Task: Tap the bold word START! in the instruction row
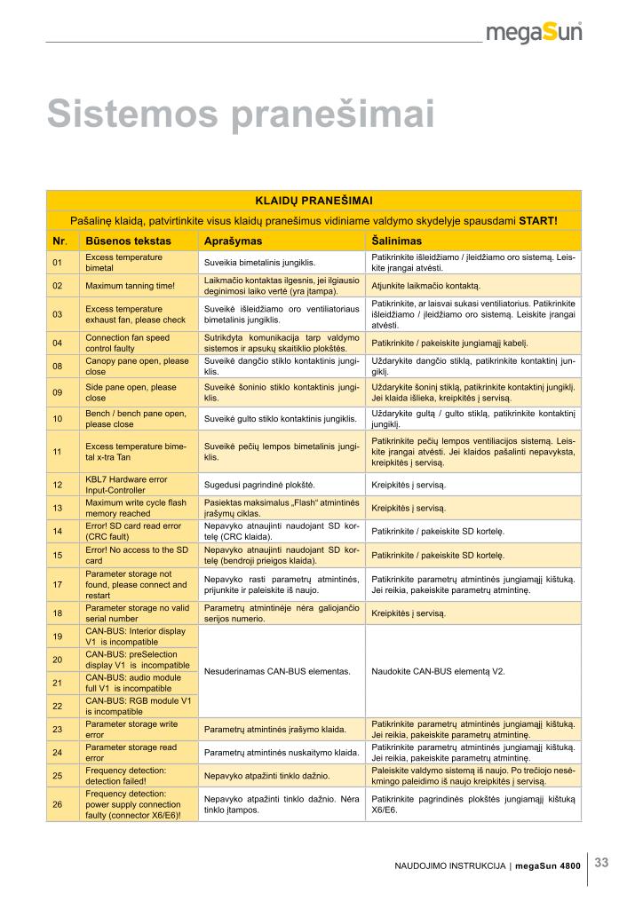tap(538, 220)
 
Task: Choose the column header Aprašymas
tap(232, 241)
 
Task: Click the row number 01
tap(58, 262)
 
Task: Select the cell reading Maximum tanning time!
tap(130, 286)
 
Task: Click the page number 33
tap(601, 861)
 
